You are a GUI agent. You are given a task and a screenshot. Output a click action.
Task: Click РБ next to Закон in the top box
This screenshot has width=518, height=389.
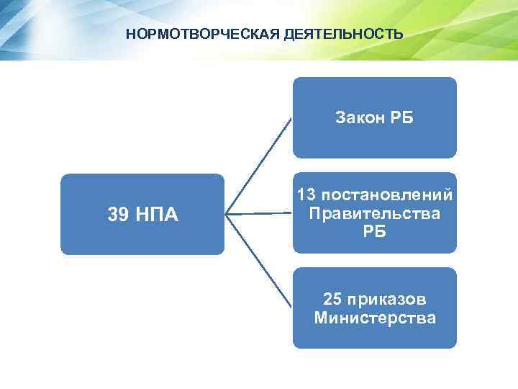(401, 117)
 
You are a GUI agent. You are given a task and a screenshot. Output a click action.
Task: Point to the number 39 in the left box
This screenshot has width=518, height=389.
(119, 214)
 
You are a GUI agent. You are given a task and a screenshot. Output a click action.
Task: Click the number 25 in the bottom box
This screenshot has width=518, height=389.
(334, 299)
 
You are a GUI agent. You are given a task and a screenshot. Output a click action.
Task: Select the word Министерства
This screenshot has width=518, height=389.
(375, 317)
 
